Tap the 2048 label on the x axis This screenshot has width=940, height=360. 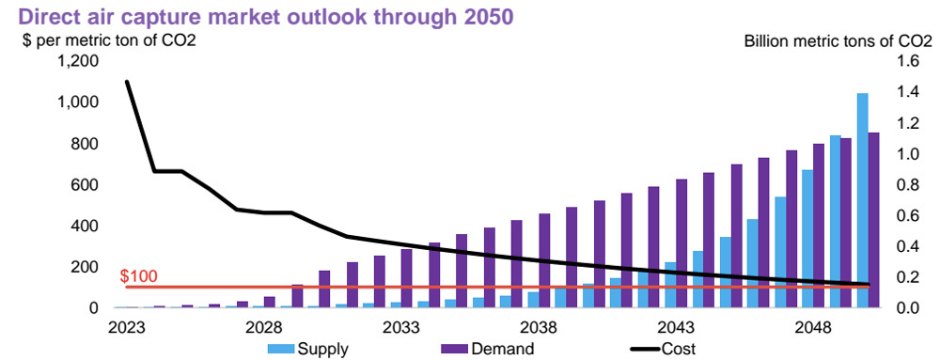pyautogui.click(x=816, y=327)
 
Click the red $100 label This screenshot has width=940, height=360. pyautogui.click(x=140, y=276)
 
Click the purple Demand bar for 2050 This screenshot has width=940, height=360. pyautogui.click(x=873, y=220)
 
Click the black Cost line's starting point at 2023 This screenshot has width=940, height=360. pyautogui.click(x=126, y=82)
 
